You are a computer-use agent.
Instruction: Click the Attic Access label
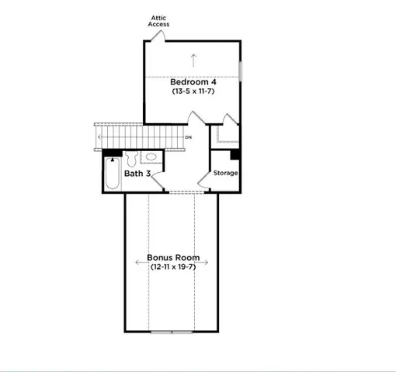tap(158, 21)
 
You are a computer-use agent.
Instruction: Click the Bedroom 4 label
tap(193, 81)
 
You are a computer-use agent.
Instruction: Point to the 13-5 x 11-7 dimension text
tap(193, 91)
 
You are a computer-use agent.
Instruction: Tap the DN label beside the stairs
tap(188, 139)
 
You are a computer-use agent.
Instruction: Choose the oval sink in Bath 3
tap(151, 157)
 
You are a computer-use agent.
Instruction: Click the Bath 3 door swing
tap(157, 180)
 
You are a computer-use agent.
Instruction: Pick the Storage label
tap(226, 173)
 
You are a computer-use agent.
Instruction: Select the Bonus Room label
tap(173, 257)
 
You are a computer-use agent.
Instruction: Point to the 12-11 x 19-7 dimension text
tap(172, 267)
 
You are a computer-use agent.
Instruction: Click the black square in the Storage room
tap(235, 153)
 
